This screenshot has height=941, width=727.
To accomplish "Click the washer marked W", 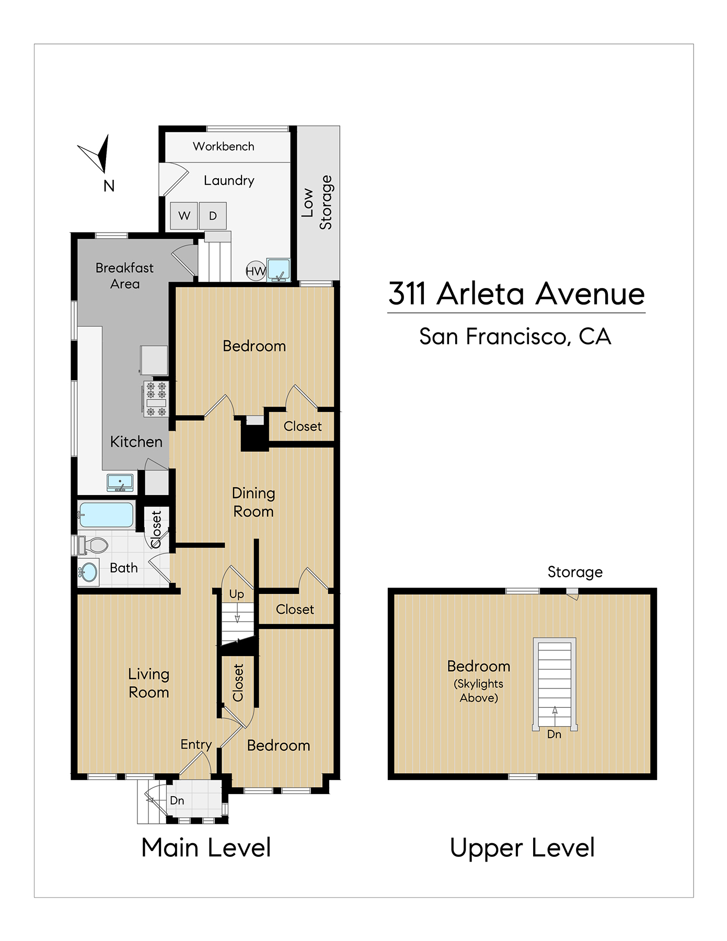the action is (184, 216).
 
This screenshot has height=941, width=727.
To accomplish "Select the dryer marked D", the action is (213, 216).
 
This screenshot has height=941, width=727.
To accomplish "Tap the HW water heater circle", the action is (256, 271).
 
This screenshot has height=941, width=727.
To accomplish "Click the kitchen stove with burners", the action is (156, 399).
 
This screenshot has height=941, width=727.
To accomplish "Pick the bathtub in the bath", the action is (106, 514).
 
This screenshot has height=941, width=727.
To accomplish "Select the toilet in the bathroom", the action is (93, 545).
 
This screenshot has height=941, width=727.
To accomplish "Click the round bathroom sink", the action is (88, 572).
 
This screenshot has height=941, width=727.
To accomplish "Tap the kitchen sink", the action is (120, 483).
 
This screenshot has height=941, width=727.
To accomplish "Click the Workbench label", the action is (224, 146).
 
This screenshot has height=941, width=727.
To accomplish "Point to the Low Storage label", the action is (317, 202).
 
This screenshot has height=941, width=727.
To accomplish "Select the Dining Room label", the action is (253, 502).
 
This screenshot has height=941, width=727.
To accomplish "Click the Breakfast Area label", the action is (125, 276).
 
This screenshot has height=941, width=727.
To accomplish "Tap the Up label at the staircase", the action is (237, 594).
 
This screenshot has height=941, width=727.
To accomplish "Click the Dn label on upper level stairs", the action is (554, 735).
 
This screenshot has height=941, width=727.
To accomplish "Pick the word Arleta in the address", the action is (480, 294).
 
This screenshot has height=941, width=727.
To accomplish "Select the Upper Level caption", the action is (522, 848).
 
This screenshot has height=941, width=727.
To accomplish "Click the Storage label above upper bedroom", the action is (575, 572).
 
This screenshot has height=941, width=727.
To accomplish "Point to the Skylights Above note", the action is (479, 691).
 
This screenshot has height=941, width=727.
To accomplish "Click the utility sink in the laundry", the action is (278, 270).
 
